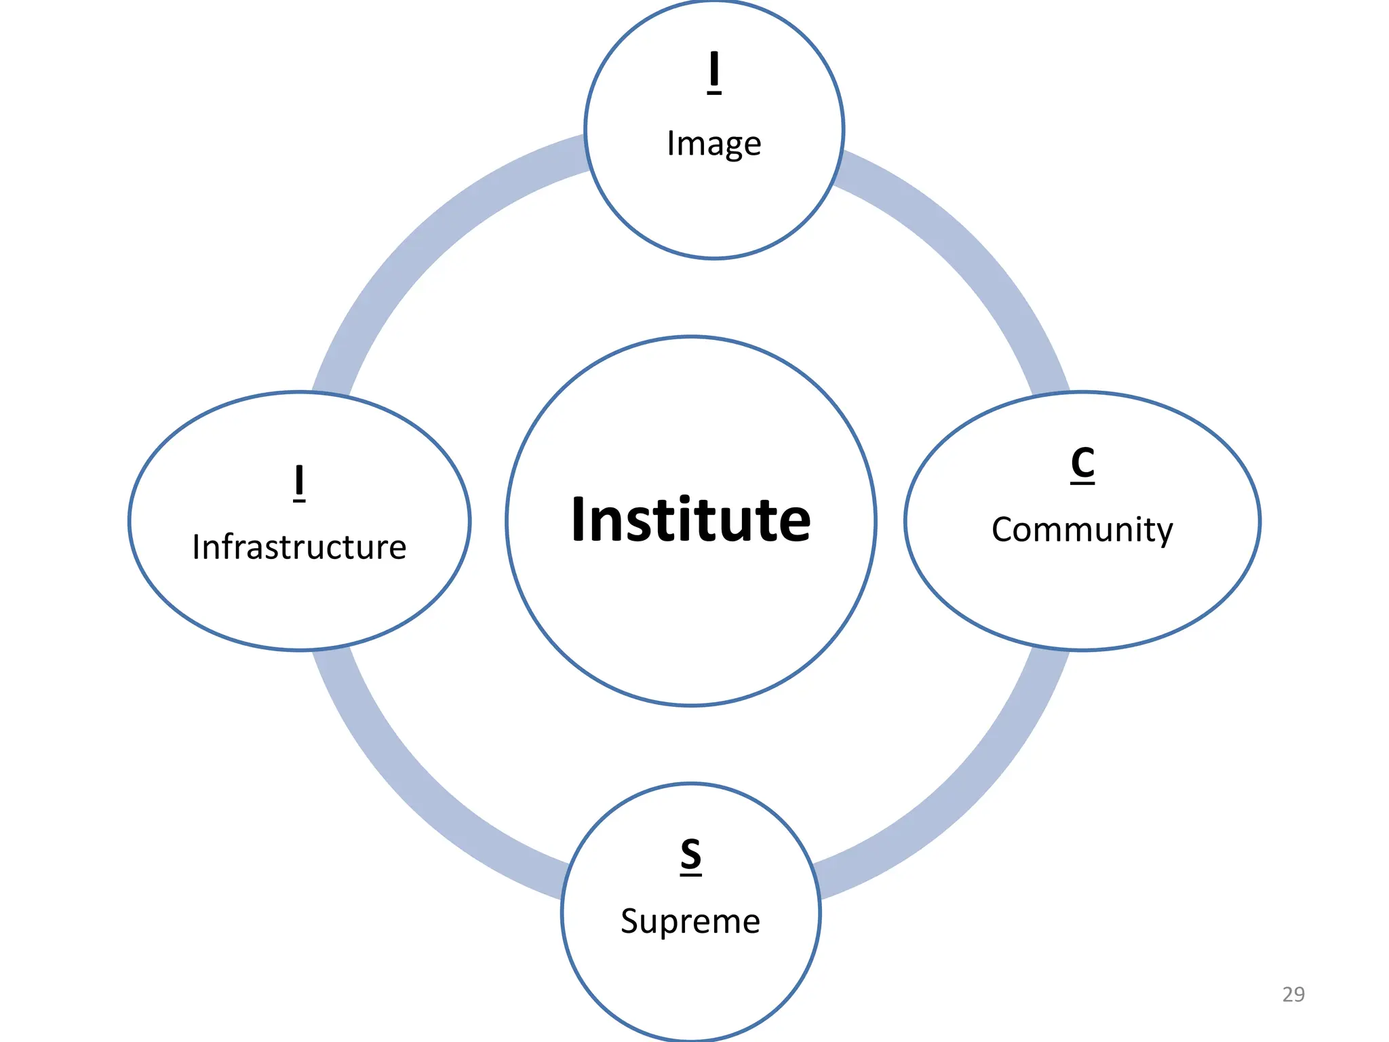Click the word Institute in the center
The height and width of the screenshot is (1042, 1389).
pyautogui.click(x=690, y=520)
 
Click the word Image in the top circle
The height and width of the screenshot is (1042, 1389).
pyautogui.click(x=713, y=143)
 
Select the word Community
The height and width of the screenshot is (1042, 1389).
pyautogui.click(x=1082, y=530)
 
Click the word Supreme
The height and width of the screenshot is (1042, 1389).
pyautogui.click(x=690, y=921)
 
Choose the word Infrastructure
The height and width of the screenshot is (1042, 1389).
pyautogui.click(x=299, y=547)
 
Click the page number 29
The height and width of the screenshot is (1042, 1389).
pyautogui.click(x=1293, y=994)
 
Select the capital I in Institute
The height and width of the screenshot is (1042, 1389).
pyautogui.click(x=579, y=520)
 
